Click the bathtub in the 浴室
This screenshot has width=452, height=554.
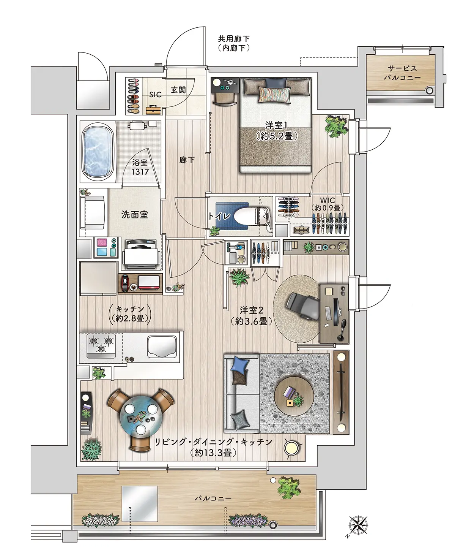tap(98, 152)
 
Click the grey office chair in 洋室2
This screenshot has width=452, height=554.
tap(302, 305)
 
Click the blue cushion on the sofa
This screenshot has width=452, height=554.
tap(239, 364)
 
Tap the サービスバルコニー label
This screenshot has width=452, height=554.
tap(402, 73)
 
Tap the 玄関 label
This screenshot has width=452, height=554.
tap(178, 90)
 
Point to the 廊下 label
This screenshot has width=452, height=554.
tap(187, 160)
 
